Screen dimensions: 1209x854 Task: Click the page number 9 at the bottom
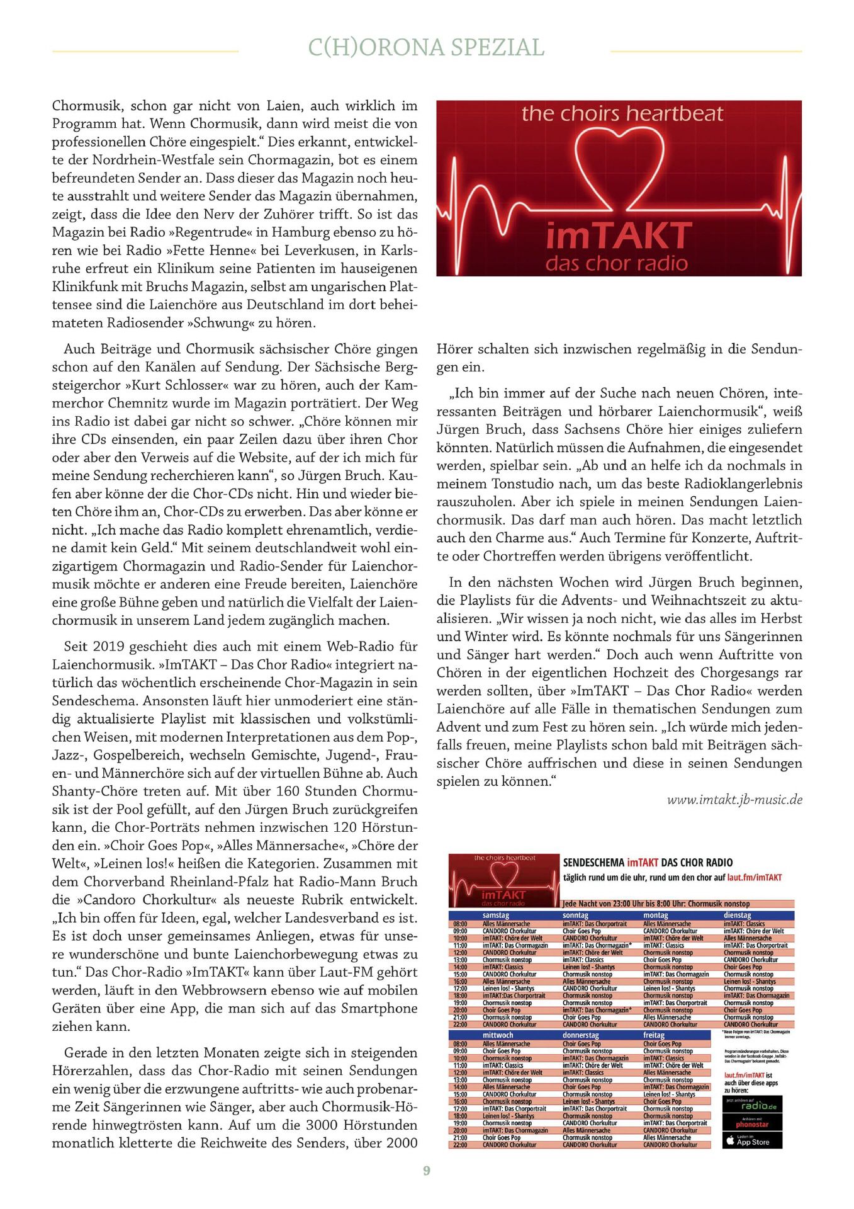[427, 1171]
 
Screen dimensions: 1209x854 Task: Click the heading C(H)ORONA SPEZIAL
[426, 48]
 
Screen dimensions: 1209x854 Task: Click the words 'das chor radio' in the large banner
[617, 263]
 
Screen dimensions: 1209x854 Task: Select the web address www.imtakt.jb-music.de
[734, 800]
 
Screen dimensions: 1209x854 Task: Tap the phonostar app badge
[752, 1123]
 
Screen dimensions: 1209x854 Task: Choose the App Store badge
[752, 1140]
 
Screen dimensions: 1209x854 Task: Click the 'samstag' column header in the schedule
[496, 915]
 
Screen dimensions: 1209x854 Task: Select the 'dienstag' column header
[737, 915]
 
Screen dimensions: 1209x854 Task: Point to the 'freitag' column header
[654, 1035]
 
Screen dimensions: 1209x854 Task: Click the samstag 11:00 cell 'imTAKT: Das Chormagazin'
[515, 945]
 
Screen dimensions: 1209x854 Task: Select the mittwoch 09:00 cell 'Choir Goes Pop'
[502, 1051]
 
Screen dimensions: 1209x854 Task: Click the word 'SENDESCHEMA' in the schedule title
[593, 863]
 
